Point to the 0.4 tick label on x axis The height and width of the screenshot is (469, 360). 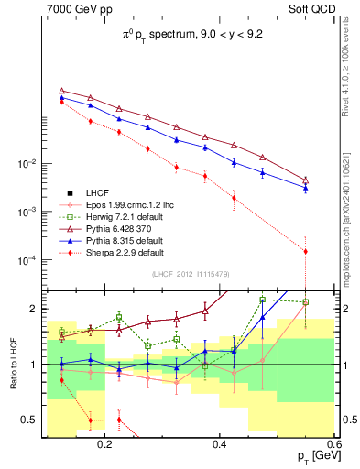click(220, 444)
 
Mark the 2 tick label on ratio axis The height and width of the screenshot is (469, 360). click(36, 308)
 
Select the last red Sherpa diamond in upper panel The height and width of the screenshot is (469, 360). click(305, 251)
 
